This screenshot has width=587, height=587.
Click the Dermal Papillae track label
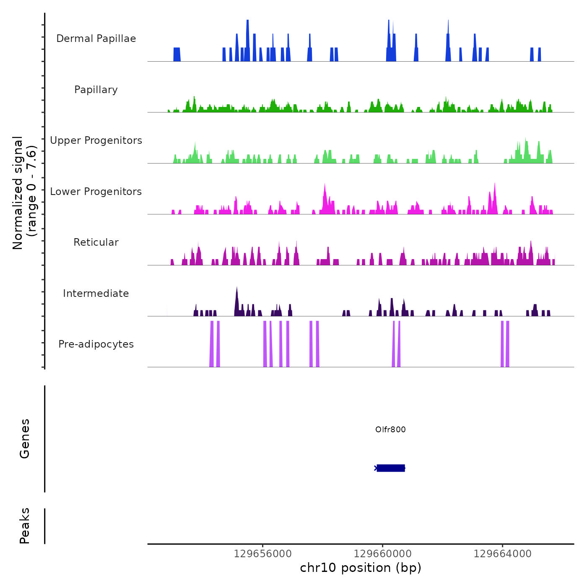point(96,39)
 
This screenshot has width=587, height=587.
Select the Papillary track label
point(96,90)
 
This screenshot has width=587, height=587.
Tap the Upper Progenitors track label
point(96,140)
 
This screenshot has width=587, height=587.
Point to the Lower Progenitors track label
point(96,192)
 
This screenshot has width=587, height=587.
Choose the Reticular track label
point(96,242)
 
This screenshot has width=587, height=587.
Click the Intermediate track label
point(96,293)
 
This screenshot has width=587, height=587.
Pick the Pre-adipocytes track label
point(96,344)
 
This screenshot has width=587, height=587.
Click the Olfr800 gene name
point(390,429)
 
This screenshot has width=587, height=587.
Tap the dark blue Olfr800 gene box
point(391,468)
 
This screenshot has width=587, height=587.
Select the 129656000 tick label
point(262,554)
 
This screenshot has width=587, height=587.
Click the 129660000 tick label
point(382,554)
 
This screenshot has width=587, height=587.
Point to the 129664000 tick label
point(502,554)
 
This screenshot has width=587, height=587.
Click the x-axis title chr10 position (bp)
point(361,568)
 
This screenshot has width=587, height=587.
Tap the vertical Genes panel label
point(25,439)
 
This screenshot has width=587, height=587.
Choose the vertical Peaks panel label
point(25,526)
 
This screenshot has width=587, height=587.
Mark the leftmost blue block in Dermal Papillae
point(177,55)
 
